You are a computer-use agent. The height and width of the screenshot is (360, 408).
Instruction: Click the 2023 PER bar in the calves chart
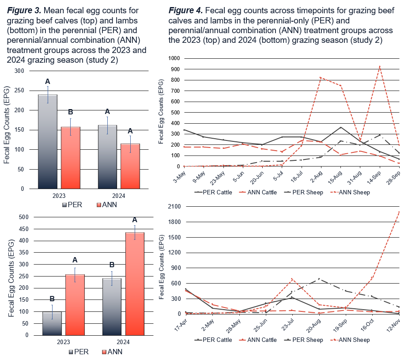click(x=47, y=141)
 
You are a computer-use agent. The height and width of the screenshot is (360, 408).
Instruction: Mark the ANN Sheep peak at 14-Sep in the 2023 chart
click(x=380, y=66)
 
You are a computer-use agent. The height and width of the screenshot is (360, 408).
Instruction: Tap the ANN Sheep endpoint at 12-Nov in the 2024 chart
click(x=400, y=212)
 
